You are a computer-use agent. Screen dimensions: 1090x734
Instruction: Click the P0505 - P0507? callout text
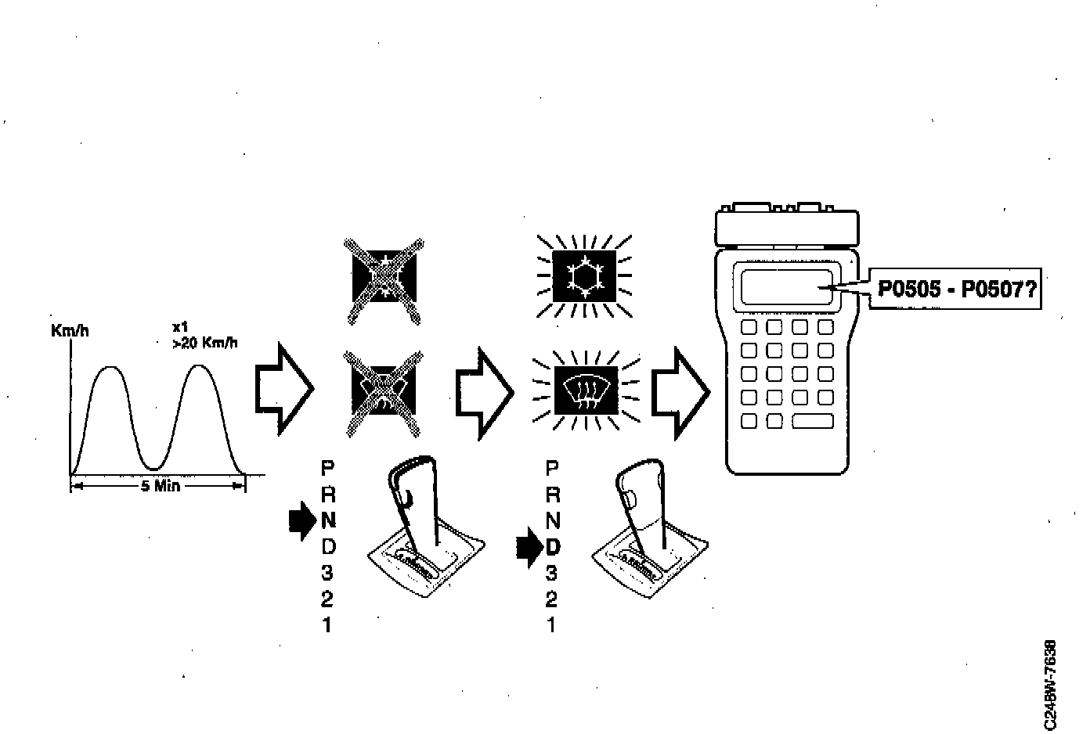[956, 290]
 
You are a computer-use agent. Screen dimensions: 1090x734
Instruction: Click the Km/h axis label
[70, 331]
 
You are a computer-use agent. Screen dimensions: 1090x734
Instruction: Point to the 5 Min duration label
[160, 486]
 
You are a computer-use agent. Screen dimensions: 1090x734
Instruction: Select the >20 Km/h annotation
[205, 343]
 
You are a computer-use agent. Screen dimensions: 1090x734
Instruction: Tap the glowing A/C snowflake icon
[583, 278]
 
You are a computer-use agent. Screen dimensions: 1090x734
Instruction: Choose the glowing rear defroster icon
[585, 389]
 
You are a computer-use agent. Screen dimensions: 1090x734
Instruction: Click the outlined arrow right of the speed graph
[284, 387]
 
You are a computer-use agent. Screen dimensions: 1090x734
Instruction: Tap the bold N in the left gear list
[327, 520]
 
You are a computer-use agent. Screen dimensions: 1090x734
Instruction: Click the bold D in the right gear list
[552, 547]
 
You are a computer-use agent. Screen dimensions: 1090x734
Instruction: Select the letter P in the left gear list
[327, 468]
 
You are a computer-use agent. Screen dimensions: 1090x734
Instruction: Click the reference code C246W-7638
[1050, 685]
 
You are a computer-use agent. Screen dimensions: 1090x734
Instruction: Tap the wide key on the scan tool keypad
[814, 421]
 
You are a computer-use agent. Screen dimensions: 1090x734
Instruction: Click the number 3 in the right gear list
[551, 573]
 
